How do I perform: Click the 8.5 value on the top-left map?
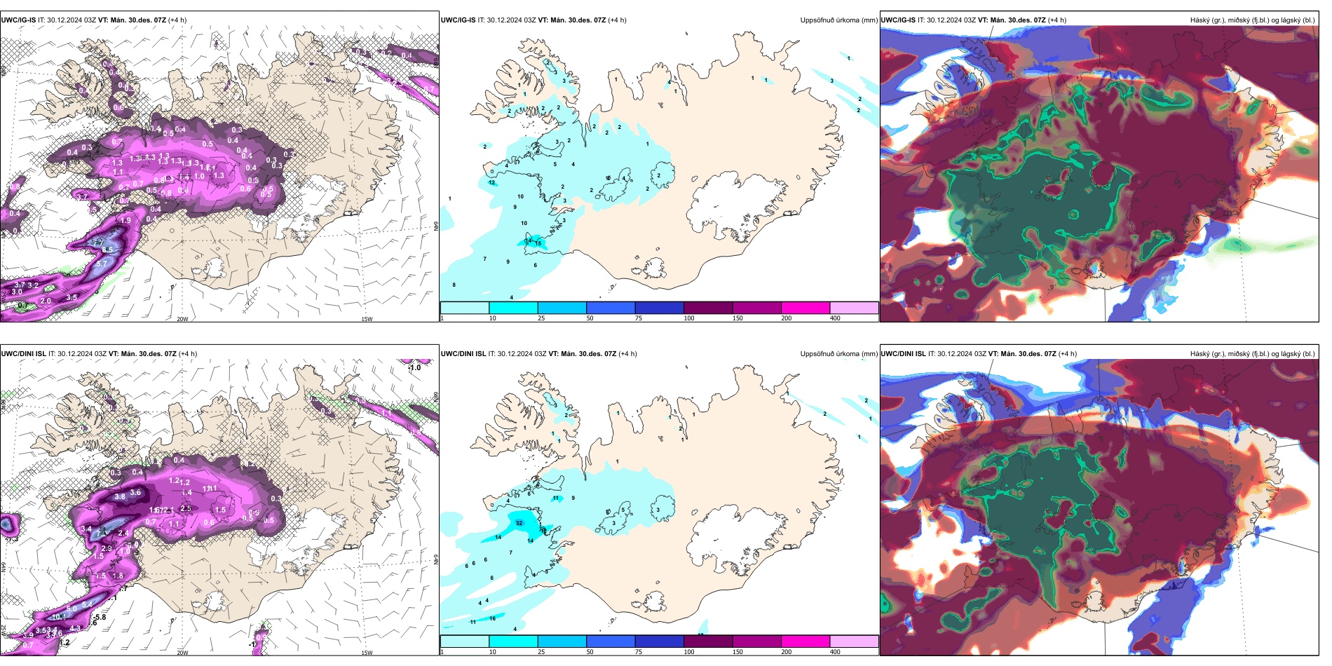[x=107, y=250]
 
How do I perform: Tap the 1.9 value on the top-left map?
[x=125, y=220]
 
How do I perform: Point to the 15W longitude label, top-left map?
[x=367, y=319]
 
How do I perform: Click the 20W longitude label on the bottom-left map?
[x=182, y=653]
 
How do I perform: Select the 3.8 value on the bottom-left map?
[x=120, y=496]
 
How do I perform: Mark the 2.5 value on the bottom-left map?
[x=186, y=508]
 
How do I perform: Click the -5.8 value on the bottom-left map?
[x=100, y=617]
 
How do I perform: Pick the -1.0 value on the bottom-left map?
[x=414, y=367]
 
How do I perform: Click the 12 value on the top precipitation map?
[x=491, y=183]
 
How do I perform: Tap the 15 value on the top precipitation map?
[x=538, y=243]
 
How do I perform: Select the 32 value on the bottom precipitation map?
[x=519, y=523]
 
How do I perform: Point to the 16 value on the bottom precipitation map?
[x=493, y=618]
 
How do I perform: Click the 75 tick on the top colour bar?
[x=639, y=318]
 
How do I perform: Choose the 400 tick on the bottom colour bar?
[x=835, y=652]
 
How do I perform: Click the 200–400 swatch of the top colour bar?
[x=854, y=308]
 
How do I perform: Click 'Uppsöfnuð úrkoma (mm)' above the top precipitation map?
[x=838, y=20]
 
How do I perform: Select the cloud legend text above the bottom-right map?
[x=1252, y=354]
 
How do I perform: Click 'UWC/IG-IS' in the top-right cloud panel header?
[x=898, y=20]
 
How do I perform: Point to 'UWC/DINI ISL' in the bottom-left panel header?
[x=23, y=354]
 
